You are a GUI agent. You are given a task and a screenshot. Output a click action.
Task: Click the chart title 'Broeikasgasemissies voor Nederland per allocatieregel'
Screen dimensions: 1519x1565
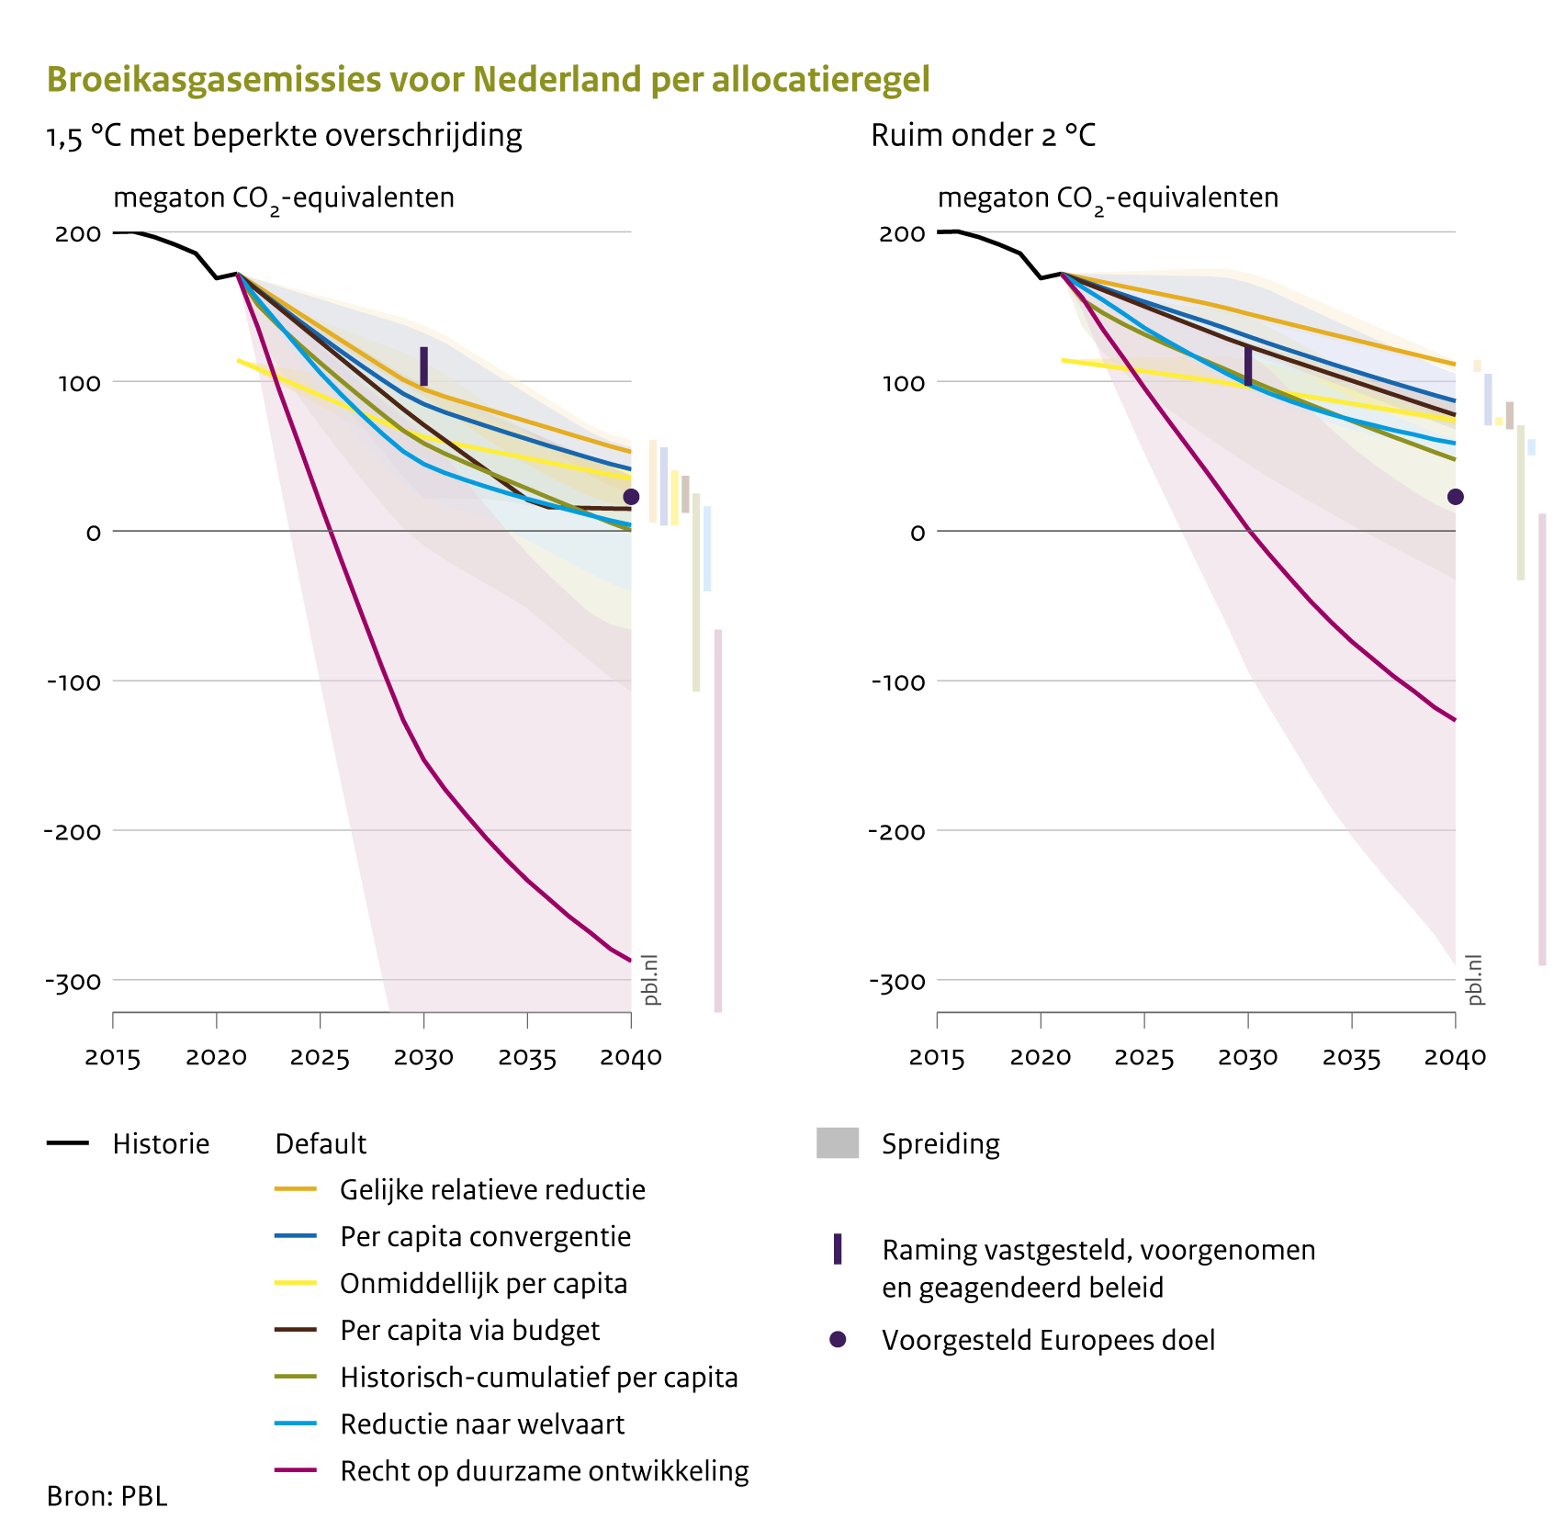pos(488,80)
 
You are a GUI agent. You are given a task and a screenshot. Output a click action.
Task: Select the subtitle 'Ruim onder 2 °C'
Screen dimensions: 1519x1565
pos(983,136)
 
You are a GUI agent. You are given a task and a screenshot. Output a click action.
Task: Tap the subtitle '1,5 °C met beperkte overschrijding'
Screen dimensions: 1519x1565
pos(285,136)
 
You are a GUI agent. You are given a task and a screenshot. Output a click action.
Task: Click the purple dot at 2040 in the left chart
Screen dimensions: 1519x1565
pos(631,497)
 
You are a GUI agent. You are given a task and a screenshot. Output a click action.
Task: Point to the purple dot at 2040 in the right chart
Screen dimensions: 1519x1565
pos(1455,497)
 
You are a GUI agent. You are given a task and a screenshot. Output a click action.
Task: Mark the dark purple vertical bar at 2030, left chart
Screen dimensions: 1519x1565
pos(423,366)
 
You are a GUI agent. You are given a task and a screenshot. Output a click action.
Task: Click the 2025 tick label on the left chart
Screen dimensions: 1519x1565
pos(320,1058)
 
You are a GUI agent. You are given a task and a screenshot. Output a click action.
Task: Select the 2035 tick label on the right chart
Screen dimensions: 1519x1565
pos(1351,1058)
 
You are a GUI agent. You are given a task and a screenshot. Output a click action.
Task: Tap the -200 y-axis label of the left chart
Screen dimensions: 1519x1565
pos(73,831)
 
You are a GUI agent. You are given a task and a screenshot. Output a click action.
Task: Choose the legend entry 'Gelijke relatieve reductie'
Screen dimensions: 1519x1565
pos(492,1190)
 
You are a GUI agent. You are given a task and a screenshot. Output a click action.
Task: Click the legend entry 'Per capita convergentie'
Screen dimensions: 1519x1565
pos(485,1237)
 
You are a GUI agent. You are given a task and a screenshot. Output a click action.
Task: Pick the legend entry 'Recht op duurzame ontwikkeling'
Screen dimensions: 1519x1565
pos(544,1471)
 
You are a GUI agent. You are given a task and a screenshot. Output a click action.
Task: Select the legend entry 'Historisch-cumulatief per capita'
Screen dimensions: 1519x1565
pos(538,1378)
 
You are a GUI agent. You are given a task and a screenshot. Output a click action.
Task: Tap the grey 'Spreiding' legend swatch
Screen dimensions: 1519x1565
pos(837,1143)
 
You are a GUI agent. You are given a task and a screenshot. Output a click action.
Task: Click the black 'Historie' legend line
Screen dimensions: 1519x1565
pos(68,1143)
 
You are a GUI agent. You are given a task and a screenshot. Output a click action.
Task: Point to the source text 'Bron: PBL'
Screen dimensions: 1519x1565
pos(107,1496)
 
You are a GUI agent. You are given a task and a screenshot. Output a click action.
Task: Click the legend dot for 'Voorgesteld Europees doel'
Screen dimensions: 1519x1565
pos(837,1340)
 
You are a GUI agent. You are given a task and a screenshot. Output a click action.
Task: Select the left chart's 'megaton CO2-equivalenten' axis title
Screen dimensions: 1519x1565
pos(283,198)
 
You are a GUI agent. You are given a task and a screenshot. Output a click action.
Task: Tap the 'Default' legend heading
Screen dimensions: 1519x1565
pos(321,1144)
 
